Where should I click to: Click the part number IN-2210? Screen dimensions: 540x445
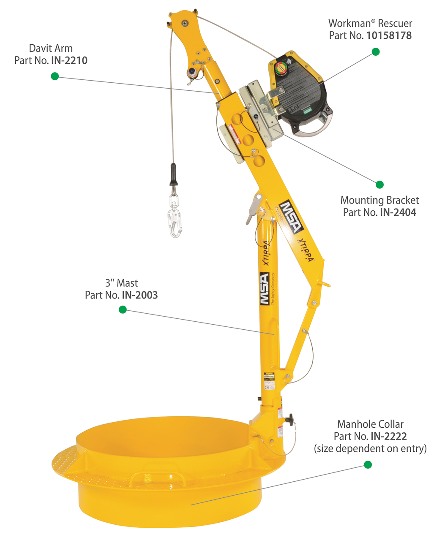(69, 60)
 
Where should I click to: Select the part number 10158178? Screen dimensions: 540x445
(388, 35)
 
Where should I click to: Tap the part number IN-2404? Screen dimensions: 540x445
(398, 212)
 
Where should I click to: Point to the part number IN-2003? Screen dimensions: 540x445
(139, 295)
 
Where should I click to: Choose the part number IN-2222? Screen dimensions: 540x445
(388, 436)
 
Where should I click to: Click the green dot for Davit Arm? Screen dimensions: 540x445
(55, 76)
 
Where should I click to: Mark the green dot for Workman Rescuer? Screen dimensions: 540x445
(375, 52)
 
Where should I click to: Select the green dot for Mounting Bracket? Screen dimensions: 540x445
(379, 185)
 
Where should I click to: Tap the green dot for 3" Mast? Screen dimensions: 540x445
(123, 310)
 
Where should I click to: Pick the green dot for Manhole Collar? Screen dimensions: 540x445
(368, 465)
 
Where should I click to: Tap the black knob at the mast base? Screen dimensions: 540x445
(289, 421)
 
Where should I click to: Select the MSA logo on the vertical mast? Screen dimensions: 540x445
(264, 289)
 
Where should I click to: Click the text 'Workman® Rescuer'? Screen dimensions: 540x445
(370, 24)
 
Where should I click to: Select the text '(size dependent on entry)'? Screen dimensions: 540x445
(370, 448)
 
